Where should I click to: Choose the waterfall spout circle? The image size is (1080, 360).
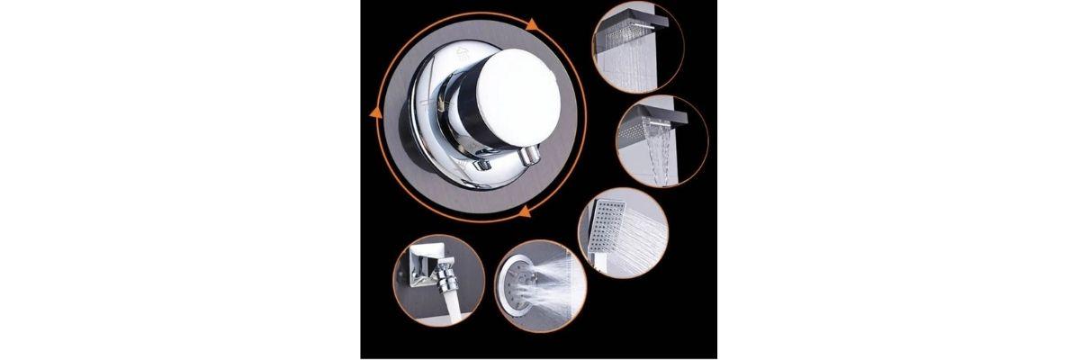(x=662, y=139)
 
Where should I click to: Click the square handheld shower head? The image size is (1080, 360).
(x=606, y=217)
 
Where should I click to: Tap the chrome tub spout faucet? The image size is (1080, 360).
(x=435, y=275)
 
